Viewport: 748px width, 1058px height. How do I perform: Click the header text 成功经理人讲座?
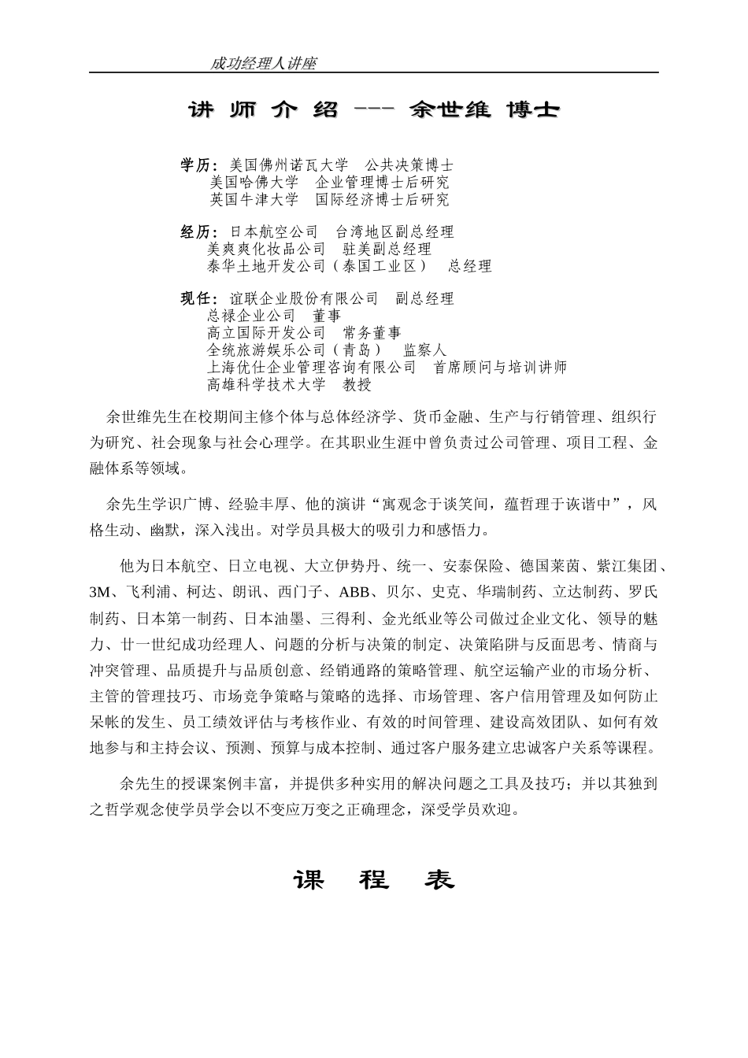[263, 64]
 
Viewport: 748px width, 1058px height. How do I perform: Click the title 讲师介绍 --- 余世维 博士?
[373, 110]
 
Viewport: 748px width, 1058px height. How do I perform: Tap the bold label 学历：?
[199, 165]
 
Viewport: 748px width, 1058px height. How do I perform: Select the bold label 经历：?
[199, 232]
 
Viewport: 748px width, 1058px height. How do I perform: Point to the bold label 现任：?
[199, 299]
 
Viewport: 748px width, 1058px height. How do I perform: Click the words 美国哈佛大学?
[254, 183]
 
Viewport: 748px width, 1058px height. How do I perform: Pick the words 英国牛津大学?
[254, 200]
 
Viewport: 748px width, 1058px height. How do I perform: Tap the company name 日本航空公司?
[273, 232]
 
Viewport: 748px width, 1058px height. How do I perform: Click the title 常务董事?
[372, 333]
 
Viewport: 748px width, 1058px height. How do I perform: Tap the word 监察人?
[424, 350]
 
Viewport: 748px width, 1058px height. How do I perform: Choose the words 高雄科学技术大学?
[266, 385]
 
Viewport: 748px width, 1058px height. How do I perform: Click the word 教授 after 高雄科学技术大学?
[357, 385]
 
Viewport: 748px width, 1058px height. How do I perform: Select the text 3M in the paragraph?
[98, 592]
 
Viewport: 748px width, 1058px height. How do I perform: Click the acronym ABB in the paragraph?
[354, 592]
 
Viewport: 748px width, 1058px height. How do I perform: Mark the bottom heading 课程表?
[374, 880]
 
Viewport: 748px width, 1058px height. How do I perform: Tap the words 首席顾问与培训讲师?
[500, 368]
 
